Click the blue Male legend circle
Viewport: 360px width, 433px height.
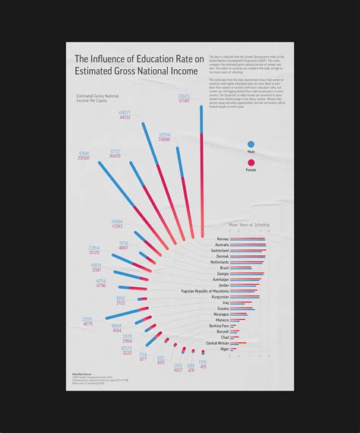(251, 143)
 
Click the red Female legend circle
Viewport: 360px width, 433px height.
(251, 161)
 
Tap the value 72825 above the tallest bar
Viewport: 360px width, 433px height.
(183, 96)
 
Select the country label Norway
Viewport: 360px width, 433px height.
(222, 239)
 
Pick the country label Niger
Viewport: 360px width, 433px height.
(223, 349)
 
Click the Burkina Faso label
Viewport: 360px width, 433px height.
(219, 325)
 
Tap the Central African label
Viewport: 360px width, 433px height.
(217, 343)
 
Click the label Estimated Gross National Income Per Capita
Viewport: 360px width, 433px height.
(97, 99)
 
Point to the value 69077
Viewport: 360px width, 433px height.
(125, 112)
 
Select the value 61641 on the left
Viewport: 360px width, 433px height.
(84, 153)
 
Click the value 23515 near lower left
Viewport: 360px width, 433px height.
(87, 319)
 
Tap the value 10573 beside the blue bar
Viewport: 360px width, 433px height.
(126, 348)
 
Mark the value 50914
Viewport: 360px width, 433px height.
(164, 134)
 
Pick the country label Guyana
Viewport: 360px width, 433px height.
(222, 308)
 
